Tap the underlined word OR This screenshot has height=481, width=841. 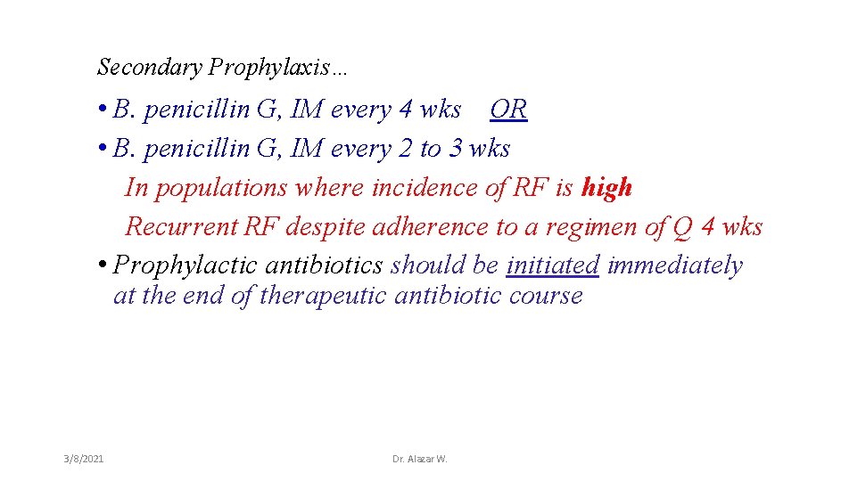tap(508, 110)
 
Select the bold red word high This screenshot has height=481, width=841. tap(606, 187)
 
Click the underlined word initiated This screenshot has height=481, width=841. tap(553, 265)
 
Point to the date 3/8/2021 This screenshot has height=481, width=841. tap(84, 458)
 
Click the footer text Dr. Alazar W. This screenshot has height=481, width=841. tap(420, 458)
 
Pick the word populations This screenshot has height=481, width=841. tap(219, 188)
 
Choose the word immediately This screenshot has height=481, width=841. tap(675, 265)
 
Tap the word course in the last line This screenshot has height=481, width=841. tap(545, 295)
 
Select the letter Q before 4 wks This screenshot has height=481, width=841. tap(682, 226)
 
